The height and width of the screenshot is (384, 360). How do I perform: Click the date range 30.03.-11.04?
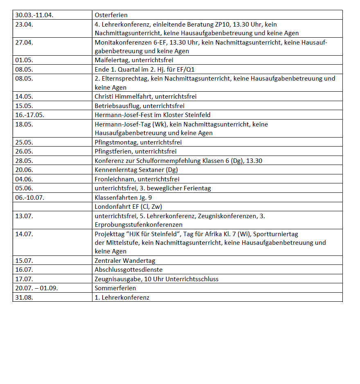click(x=34, y=15)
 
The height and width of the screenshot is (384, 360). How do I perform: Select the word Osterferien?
click(x=111, y=15)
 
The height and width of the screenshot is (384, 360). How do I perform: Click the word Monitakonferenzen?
click(x=122, y=42)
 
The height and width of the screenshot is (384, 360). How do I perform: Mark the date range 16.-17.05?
click(x=29, y=115)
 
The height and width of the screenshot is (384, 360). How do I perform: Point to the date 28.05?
click(x=24, y=160)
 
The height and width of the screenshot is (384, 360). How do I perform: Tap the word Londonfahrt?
click(x=111, y=206)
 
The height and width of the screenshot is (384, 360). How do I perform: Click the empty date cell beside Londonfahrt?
click(x=52, y=206)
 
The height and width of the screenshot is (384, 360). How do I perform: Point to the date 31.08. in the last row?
click(x=24, y=297)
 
